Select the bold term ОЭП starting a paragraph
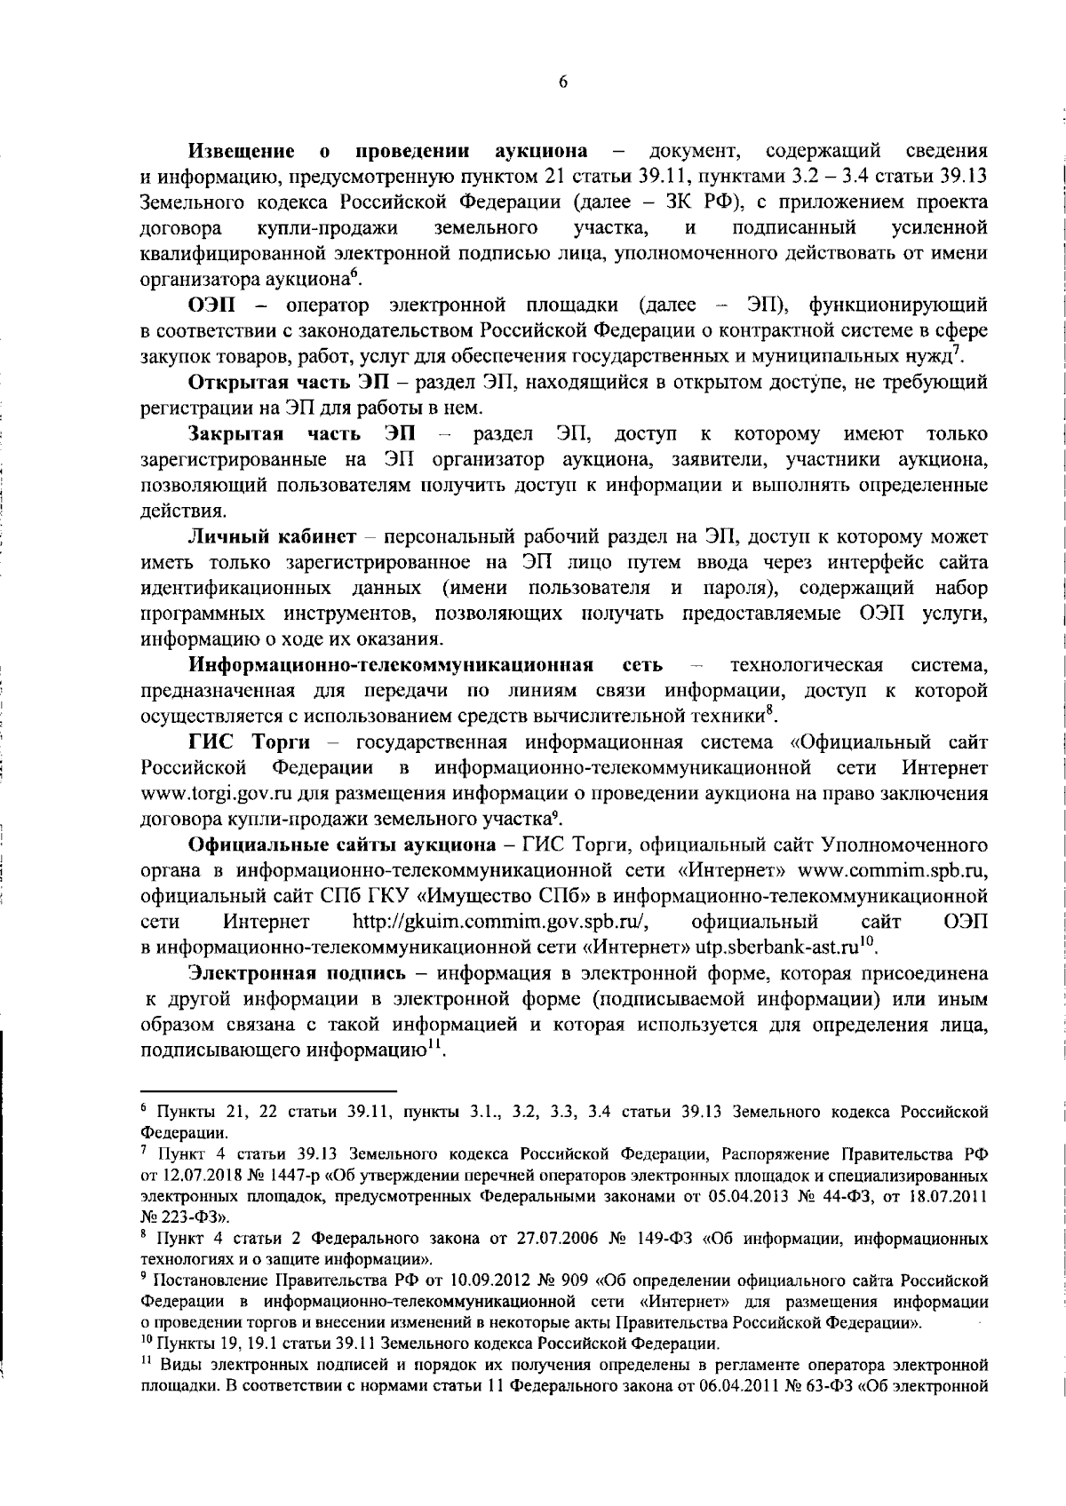coord(211,305)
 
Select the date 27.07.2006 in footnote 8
coord(545,1237)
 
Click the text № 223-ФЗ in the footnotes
coord(178,1215)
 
